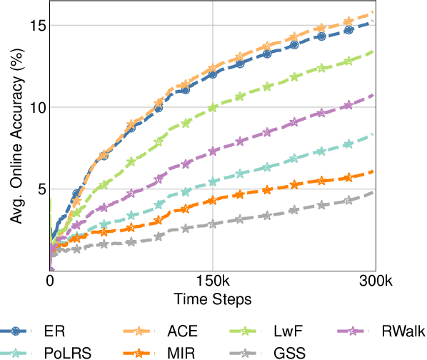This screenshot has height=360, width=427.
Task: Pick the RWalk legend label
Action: click(x=403, y=331)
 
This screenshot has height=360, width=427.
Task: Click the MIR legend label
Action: click(x=183, y=352)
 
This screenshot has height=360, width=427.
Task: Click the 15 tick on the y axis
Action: click(x=37, y=26)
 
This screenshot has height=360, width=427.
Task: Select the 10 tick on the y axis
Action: click(x=37, y=107)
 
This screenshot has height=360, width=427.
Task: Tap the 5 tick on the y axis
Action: click(x=41, y=189)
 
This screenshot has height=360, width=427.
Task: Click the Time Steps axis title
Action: click(x=213, y=296)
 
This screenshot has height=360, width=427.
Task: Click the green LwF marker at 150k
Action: click(x=213, y=108)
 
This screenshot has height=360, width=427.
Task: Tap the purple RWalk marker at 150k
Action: click(x=213, y=151)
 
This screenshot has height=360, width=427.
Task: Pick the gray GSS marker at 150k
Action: click(x=213, y=224)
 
